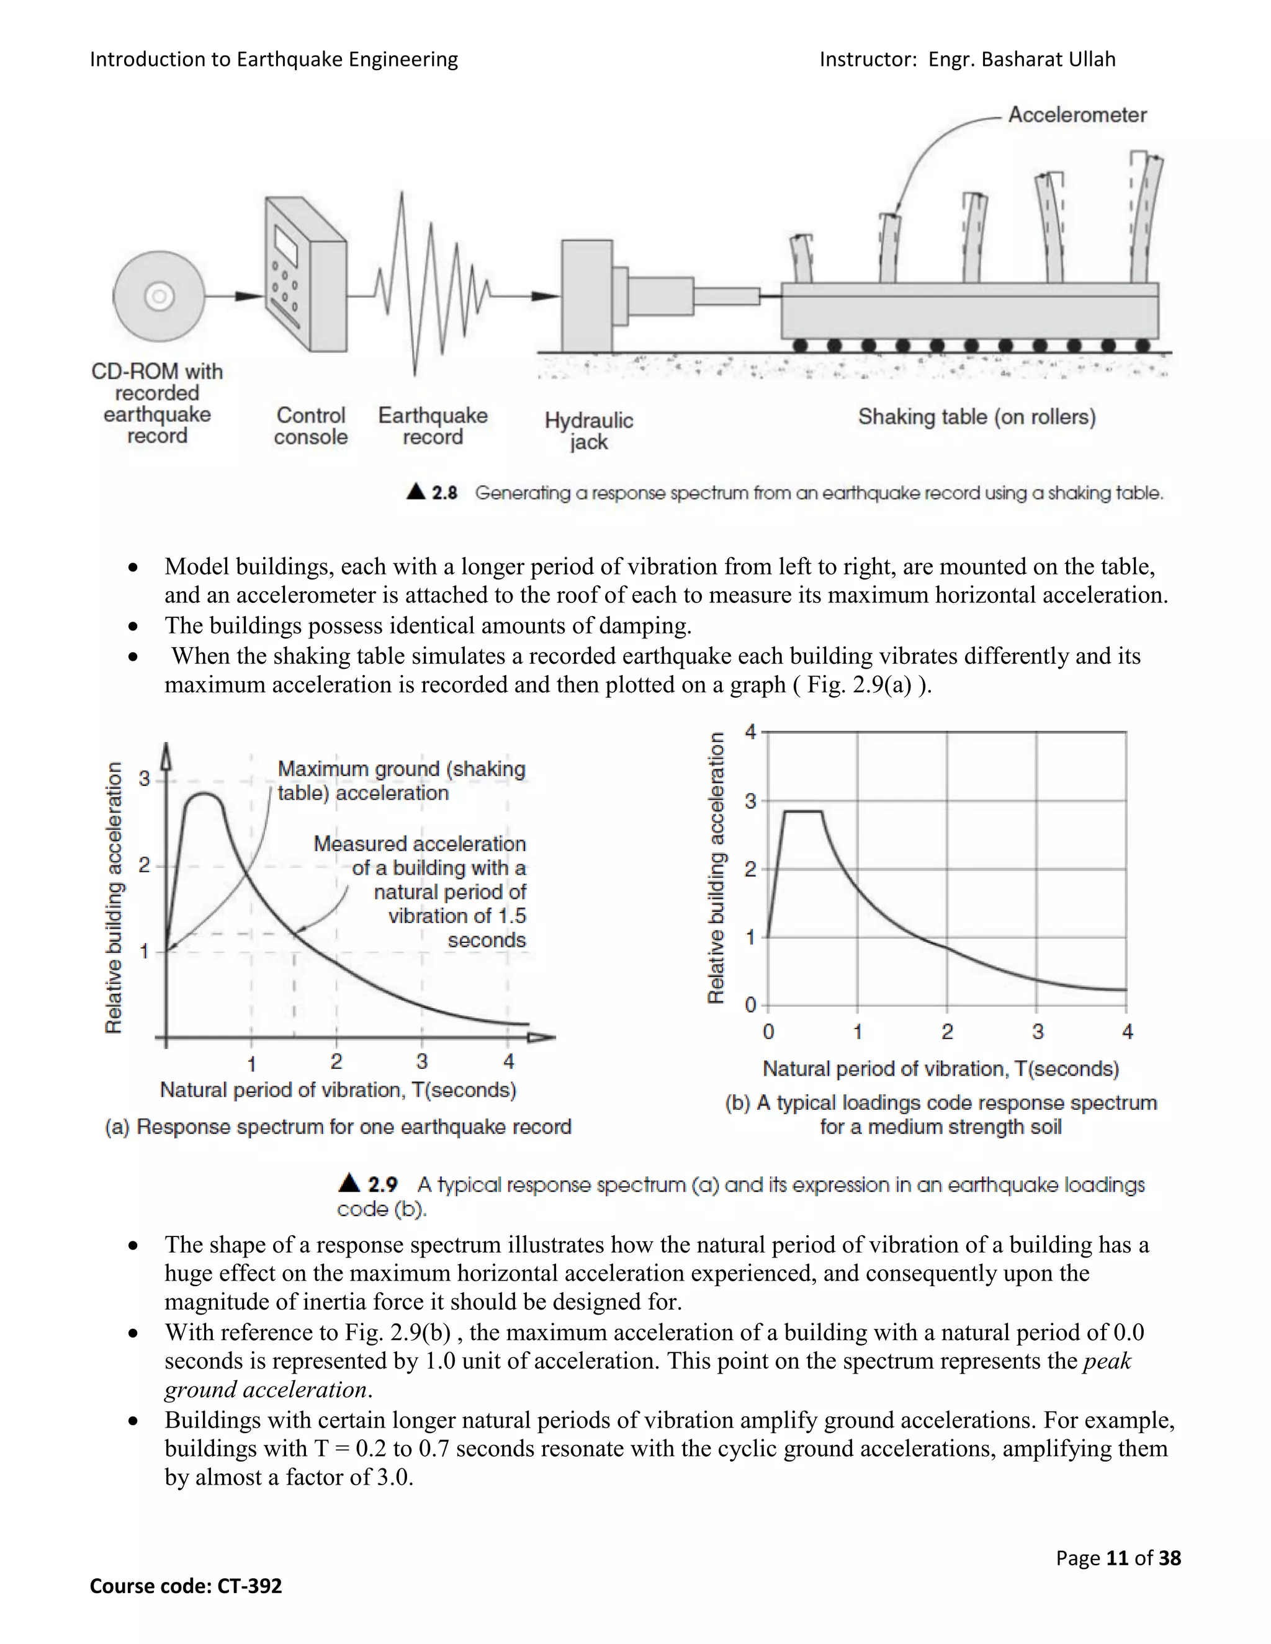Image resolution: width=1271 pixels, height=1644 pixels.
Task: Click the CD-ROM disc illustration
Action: point(159,297)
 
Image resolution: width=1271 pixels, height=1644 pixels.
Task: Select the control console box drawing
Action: point(304,275)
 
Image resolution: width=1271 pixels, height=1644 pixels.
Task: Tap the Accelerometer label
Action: point(1077,115)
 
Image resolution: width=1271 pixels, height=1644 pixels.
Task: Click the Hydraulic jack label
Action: point(588,431)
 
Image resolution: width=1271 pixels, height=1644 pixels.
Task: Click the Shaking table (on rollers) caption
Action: point(977,417)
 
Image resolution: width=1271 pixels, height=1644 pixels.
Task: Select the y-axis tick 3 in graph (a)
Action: point(144,779)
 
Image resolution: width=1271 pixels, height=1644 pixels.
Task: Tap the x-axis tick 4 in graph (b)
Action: point(1127,1032)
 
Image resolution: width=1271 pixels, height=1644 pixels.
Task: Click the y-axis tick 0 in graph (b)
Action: point(750,1005)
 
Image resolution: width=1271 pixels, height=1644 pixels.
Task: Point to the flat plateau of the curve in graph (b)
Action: point(802,811)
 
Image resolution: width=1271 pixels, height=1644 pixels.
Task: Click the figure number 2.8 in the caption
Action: point(444,493)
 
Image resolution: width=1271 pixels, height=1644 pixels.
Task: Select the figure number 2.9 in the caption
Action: point(382,1185)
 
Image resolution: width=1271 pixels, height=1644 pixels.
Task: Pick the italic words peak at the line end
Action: point(1107,1361)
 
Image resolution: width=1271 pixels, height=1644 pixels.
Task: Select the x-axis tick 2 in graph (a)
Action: point(336,1061)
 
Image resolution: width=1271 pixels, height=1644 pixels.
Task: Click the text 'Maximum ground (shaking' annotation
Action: point(402,769)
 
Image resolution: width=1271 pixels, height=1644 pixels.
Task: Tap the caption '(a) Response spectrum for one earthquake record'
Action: point(338,1127)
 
